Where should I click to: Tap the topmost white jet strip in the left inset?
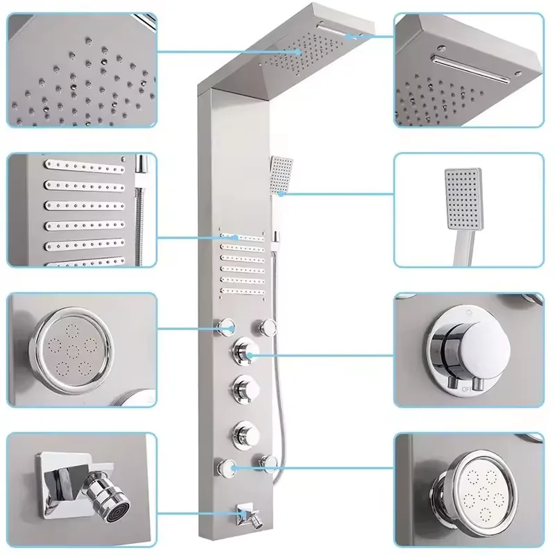pyautogui.click(x=83, y=167)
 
